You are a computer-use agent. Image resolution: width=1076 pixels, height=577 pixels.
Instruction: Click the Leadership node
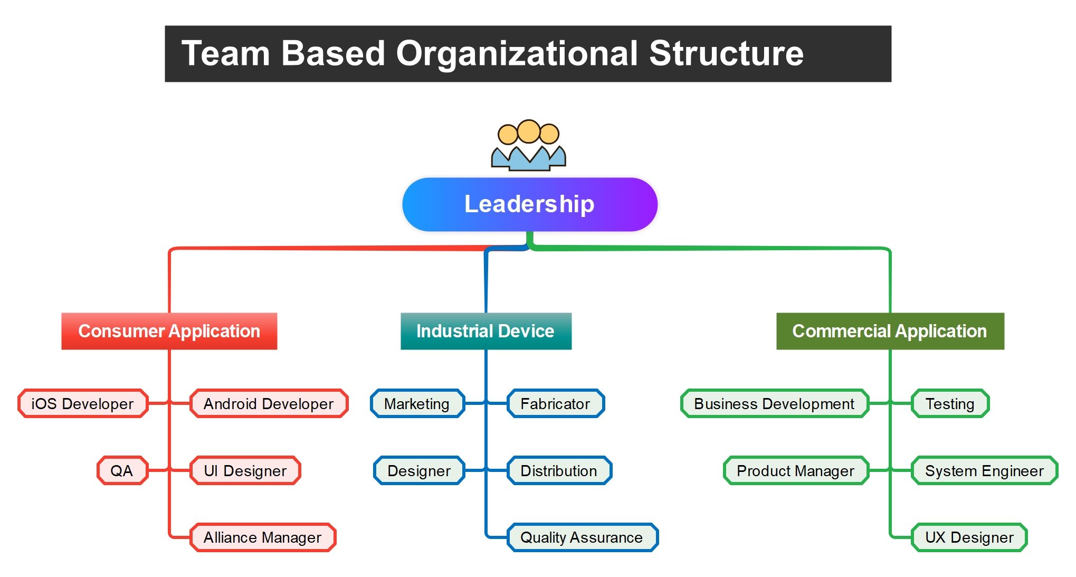(529, 204)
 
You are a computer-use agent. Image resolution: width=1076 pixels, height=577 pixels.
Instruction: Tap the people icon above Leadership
(528, 145)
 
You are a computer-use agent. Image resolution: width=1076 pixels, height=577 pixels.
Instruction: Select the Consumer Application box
(169, 331)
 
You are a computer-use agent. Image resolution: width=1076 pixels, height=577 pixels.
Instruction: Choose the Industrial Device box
(485, 331)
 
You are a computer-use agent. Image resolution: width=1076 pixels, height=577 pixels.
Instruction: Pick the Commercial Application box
(890, 331)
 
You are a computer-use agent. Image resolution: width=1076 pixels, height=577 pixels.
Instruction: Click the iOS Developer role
(83, 404)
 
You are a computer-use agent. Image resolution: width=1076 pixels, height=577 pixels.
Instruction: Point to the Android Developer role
(269, 404)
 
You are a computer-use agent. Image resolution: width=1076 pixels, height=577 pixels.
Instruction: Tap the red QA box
(122, 470)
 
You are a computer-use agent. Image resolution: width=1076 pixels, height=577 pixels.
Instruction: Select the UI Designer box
(245, 470)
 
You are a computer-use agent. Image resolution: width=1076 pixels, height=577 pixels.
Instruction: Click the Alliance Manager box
(262, 537)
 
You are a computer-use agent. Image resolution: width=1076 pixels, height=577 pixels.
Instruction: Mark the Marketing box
(417, 404)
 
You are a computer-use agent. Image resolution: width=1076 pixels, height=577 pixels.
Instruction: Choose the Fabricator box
(555, 404)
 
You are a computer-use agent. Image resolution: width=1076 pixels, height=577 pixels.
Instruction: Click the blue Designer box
(419, 470)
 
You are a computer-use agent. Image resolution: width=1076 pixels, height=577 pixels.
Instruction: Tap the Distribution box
(559, 470)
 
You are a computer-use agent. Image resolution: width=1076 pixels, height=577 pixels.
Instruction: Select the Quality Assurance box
(582, 537)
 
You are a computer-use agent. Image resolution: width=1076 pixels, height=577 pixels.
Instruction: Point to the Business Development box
(774, 404)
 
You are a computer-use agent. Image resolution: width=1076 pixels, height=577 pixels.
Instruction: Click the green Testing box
(950, 404)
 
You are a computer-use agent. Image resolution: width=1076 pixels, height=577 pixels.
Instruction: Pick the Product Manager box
(795, 470)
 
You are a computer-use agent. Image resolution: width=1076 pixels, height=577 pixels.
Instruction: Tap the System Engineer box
(984, 470)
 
